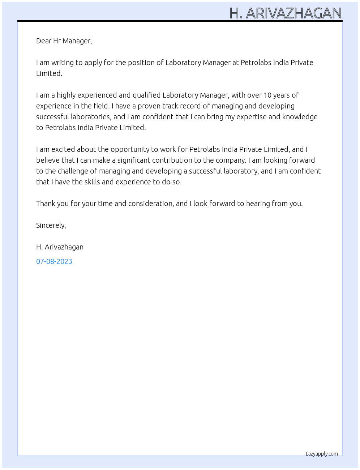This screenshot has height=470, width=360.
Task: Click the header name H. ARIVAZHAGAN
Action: (286, 13)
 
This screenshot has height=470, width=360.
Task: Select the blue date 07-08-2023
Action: (54, 261)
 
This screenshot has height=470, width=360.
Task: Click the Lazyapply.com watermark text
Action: (322, 454)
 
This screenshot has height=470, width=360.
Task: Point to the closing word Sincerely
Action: (51, 225)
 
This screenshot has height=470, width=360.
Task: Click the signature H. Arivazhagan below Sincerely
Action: (60, 247)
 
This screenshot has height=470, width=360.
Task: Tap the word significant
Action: (134, 160)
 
